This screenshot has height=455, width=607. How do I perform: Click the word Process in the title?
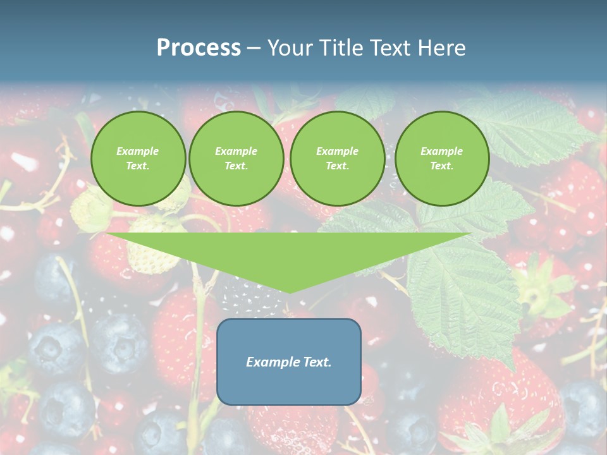coord(199,48)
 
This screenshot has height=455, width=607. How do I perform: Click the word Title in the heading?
coord(340,48)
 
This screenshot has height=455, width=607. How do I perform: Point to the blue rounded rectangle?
coord(288,386)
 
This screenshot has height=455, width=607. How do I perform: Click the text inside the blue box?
coord(288,362)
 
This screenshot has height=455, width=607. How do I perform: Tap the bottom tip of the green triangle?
coord(290,292)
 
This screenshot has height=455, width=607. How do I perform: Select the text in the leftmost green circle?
coord(138,159)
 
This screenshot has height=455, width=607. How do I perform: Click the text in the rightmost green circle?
coord(441,159)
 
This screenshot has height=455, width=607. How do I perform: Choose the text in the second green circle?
coord(236,159)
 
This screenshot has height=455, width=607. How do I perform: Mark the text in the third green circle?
coord(337,159)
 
